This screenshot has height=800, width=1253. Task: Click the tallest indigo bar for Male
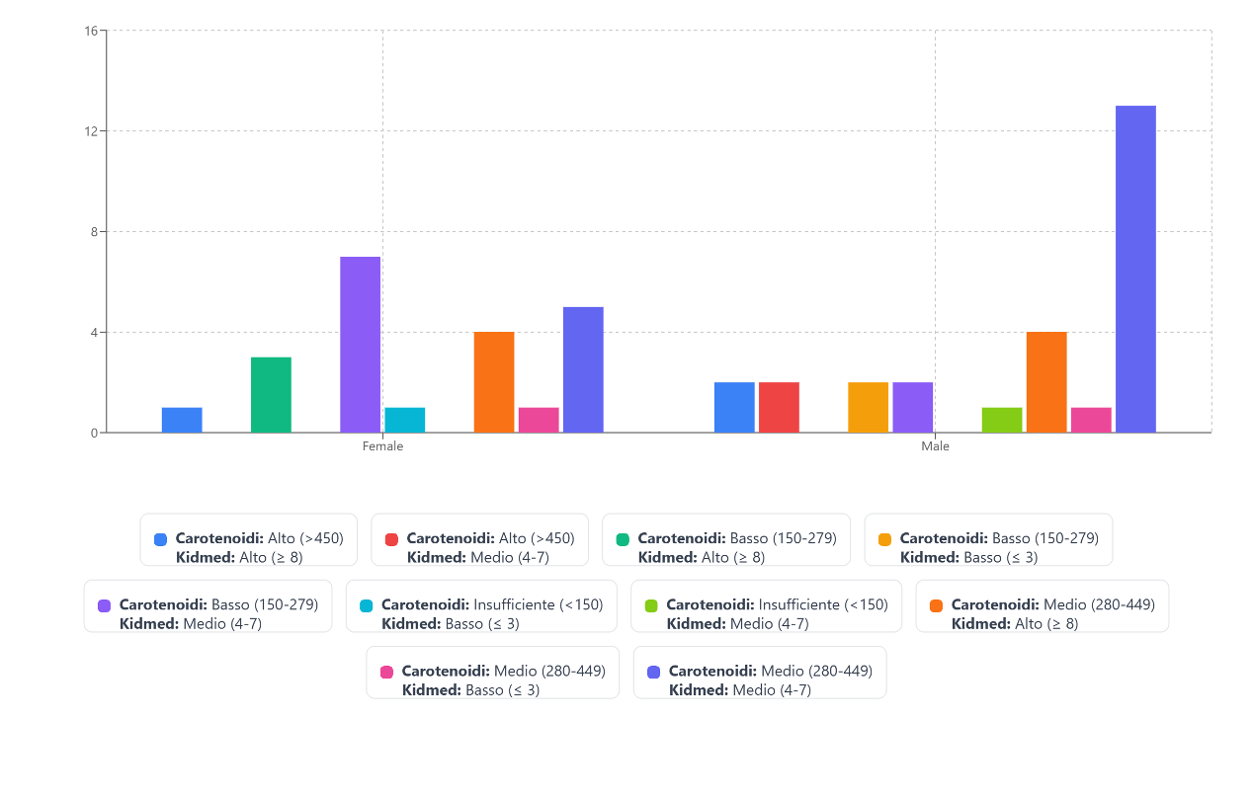click(x=1135, y=269)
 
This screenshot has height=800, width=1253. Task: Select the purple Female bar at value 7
click(x=360, y=345)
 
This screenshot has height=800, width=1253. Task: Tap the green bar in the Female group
click(x=271, y=395)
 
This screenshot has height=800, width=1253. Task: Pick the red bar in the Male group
click(x=779, y=407)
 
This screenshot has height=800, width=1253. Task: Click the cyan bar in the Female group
click(x=405, y=420)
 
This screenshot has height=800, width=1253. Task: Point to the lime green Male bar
click(x=1002, y=420)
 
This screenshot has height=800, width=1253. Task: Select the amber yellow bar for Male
click(x=868, y=407)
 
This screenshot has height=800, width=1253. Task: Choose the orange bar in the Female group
click(x=494, y=382)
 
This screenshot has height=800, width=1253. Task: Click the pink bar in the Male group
click(x=1091, y=420)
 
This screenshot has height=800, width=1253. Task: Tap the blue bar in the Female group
click(x=182, y=420)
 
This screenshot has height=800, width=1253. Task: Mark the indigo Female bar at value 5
click(x=583, y=369)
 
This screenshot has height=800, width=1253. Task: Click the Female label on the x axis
click(x=382, y=446)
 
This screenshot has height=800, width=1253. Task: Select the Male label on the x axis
click(x=935, y=446)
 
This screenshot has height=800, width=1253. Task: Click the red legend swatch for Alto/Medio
click(x=391, y=539)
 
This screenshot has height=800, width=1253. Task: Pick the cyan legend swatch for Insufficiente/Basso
click(x=366, y=605)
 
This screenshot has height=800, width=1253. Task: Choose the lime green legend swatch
click(x=651, y=605)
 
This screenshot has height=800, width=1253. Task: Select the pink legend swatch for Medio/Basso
click(x=386, y=672)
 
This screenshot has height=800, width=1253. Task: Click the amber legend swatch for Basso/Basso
click(x=884, y=539)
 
